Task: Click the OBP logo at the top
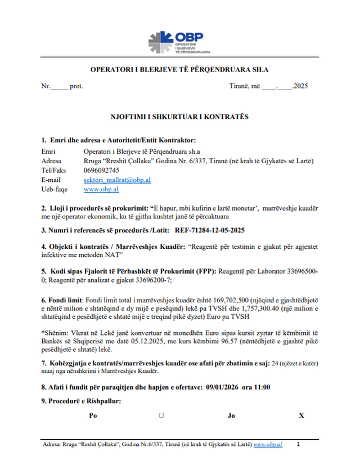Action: click(179, 41)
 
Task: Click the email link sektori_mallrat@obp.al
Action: click(117, 180)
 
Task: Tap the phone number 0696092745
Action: click(101, 171)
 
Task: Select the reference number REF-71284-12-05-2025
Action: click(210, 230)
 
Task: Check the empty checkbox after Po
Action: click(161, 416)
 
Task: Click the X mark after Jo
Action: click(301, 416)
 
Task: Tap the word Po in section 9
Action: click(93, 416)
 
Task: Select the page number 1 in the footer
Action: click(298, 444)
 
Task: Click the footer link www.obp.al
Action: click(268, 444)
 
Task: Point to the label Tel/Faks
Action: click(54, 171)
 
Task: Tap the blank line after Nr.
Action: click(59, 87)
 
